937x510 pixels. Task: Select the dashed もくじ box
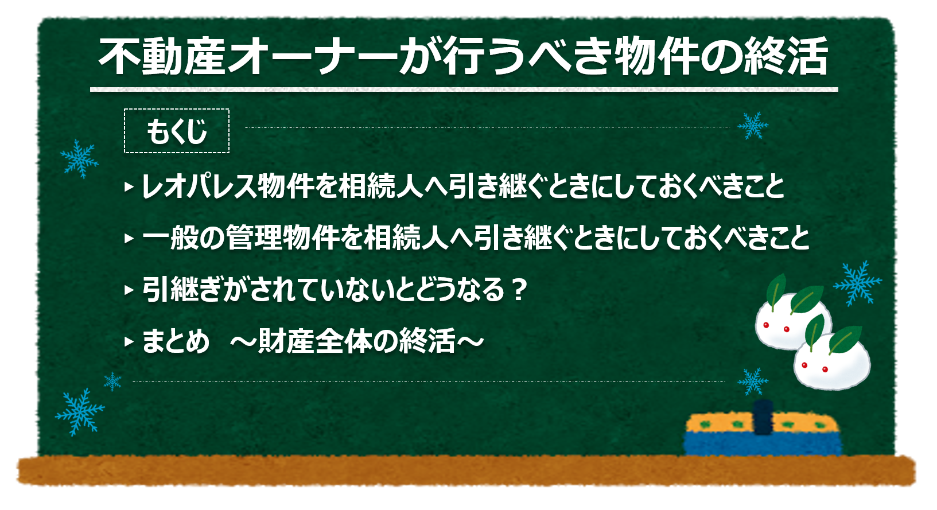[x=177, y=131]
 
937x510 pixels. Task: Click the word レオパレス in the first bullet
[x=199, y=186]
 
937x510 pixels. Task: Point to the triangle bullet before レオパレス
[x=129, y=187]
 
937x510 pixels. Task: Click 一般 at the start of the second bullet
[x=169, y=238]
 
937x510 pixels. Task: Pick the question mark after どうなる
[x=519, y=289]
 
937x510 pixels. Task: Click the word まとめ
[x=175, y=341]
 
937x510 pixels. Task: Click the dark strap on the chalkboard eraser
[x=763, y=418]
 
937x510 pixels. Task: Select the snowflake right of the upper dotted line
[x=753, y=126]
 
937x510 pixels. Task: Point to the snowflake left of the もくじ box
[x=80, y=158]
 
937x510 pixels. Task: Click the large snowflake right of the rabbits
[x=857, y=283]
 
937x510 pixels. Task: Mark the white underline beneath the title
[x=464, y=89]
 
